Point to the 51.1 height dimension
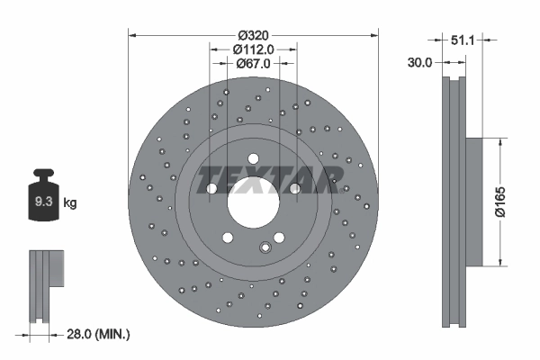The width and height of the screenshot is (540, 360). pos(462,40)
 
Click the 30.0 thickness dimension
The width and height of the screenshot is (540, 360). pos(421,63)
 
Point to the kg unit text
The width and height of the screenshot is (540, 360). pos(70,203)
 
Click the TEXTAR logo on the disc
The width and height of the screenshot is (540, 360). pos(267,179)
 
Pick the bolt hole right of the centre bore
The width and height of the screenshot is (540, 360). pos(293,189)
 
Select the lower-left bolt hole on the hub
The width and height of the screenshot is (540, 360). pos(225,236)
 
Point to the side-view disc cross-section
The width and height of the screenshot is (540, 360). pos(454,202)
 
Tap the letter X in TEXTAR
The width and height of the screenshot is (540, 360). pos(250,179)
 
